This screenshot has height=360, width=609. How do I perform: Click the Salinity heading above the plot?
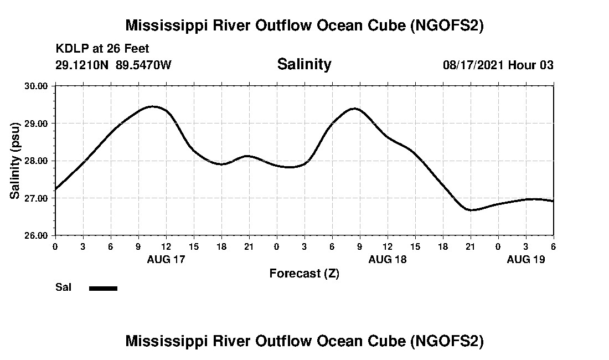coord(304,64)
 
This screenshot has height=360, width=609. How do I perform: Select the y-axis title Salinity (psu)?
coord(16,161)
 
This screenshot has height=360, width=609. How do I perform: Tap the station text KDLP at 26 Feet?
coord(102,49)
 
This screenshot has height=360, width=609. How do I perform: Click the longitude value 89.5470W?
coord(144,65)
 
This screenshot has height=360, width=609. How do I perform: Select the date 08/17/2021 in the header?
coord(473,65)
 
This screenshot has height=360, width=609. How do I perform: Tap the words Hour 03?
coord(531,65)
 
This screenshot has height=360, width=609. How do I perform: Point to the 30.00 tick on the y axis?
coord(37,86)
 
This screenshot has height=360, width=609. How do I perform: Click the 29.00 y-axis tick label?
coord(37,123)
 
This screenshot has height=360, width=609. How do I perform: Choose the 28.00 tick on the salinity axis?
coord(37,161)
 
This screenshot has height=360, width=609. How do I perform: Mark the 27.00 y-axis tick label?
coord(37,198)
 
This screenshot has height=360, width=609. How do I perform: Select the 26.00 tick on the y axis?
coord(37,235)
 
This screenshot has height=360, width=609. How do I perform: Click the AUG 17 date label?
coord(166,259)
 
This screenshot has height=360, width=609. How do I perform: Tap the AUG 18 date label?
coord(388,259)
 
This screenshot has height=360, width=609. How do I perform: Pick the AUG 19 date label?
coord(526,259)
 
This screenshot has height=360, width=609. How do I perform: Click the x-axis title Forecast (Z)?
coord(304,273)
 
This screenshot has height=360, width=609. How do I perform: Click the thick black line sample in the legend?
coord(103,288)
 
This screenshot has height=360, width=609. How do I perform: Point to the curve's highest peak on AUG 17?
coord(152,106)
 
